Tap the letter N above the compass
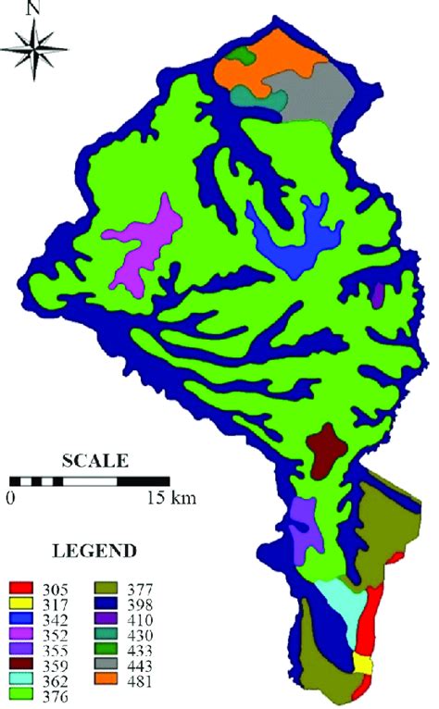[x=34, y=8]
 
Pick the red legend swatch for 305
[x=22, y=586]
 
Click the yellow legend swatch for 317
[x=22, y=602]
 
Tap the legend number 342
[x=56, y=617]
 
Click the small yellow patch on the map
[x=362, y=664]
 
